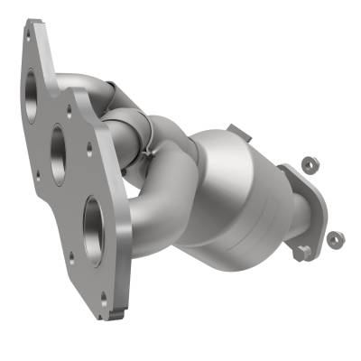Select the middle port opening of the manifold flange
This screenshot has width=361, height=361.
click(x=59, y=143)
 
